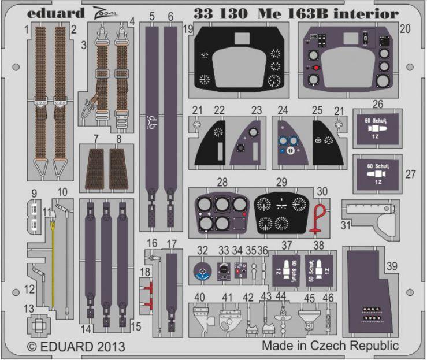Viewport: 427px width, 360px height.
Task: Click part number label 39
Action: [x=392, y=266]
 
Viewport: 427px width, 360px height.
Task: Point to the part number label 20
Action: [x=404, y=28]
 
